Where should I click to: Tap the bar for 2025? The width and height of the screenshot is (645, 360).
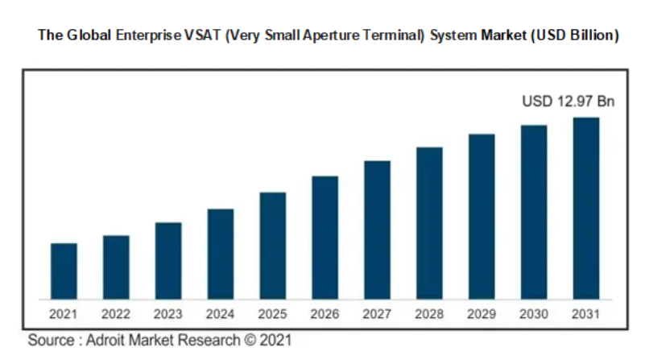[x=272, y=246]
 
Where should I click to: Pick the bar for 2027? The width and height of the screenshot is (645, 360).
[x=377, y=230]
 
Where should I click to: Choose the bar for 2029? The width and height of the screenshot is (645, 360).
[x=482, y=217]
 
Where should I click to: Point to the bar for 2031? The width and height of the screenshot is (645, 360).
[x=586, y=209]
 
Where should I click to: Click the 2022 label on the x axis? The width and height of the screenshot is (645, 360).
[x=116, y=312]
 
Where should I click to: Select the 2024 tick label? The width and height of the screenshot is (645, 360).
[x=221, y=312]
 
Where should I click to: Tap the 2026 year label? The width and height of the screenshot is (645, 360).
[x=325, y=312]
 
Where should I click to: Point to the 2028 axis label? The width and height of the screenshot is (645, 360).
[x=429, y=312]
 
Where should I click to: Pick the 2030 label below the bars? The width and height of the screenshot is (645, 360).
[x=534, y=312]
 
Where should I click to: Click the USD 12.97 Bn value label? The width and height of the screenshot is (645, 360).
[x=568, y=101]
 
